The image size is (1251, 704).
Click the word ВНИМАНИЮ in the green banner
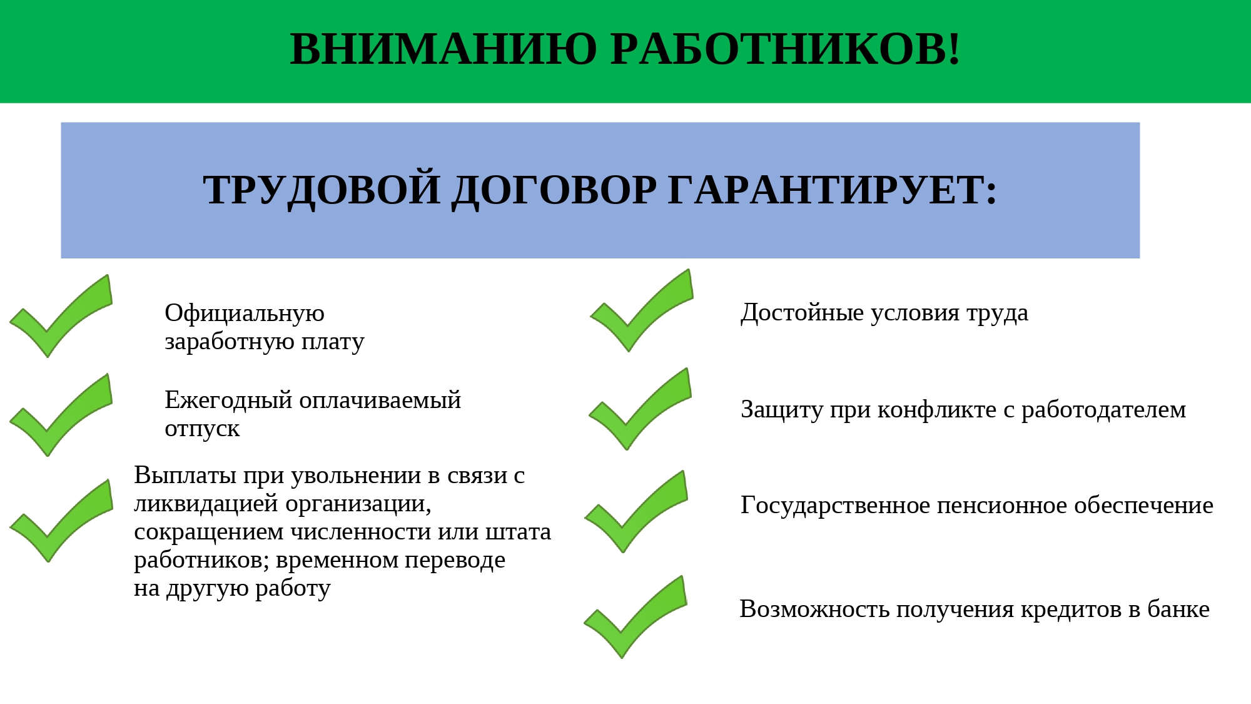pyautogui.click(x=443, y=49)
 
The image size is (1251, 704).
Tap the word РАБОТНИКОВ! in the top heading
pyautogui.click(x=786, y=49)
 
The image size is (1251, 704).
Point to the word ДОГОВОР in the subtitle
pyautogui.click(x=554, y=190)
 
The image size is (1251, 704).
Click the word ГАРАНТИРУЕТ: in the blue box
pyautogui.click(x=833, y=190)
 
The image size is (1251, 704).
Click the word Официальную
pyautogui.click(x=245, y=313)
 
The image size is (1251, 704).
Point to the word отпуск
pyautogui.click(x=202, y=429)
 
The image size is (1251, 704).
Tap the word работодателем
pyautogui.click(x=1103, y=409)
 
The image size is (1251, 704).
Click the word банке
pyautogui.click(x=1178, y=609)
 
